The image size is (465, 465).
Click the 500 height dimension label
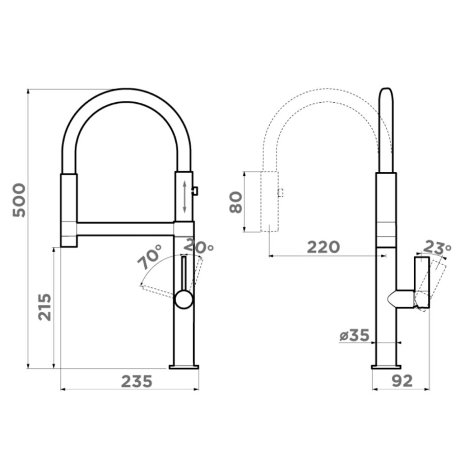(19, 200)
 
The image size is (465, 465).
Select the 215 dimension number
(45, 307)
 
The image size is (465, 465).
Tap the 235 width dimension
(137, 381)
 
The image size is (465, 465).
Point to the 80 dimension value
(236, 202)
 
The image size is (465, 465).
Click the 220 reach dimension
(323, 247)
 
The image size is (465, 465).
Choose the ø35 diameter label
(354, 335)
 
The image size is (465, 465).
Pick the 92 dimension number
(402, 381)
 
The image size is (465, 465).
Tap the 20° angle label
(198, 246)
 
